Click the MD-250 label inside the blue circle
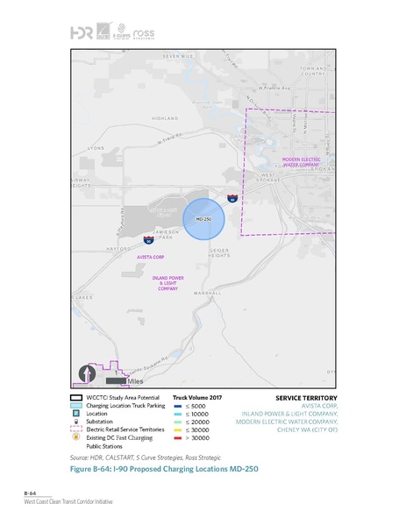pyautogui.click(x=203, y=217)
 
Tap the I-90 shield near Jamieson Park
pyautogui.click(x=149, y=238)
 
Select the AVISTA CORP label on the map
pyautogui.click(x=151, y=257)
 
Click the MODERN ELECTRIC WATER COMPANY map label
pyautogui.click(x=300, y=162)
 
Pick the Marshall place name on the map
pyautogui.click(x=208, y=293)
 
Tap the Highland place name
pyautogui.click(x=164, y=118)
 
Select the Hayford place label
pyautogui.click(x=118, y=248)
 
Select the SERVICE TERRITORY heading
pyautogui.click(x=300, y=398)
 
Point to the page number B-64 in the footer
pyautogui.click(x=31, y=493)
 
